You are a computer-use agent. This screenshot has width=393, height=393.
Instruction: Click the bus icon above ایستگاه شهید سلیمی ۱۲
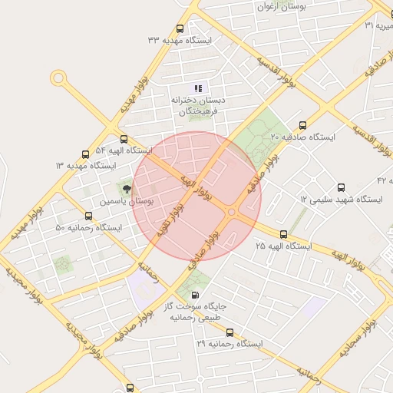(342, 187)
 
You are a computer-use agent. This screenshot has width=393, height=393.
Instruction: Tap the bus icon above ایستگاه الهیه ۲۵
(283, 234)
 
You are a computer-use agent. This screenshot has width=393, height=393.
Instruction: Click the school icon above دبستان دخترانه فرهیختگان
(198, 89)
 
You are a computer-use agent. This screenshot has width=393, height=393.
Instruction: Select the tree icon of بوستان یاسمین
(126, 187)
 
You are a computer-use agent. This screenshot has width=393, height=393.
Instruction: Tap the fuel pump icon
(195, 294)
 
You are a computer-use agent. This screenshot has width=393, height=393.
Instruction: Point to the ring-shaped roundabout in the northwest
(58, 78)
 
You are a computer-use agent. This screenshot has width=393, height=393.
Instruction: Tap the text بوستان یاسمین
(127, 201)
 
